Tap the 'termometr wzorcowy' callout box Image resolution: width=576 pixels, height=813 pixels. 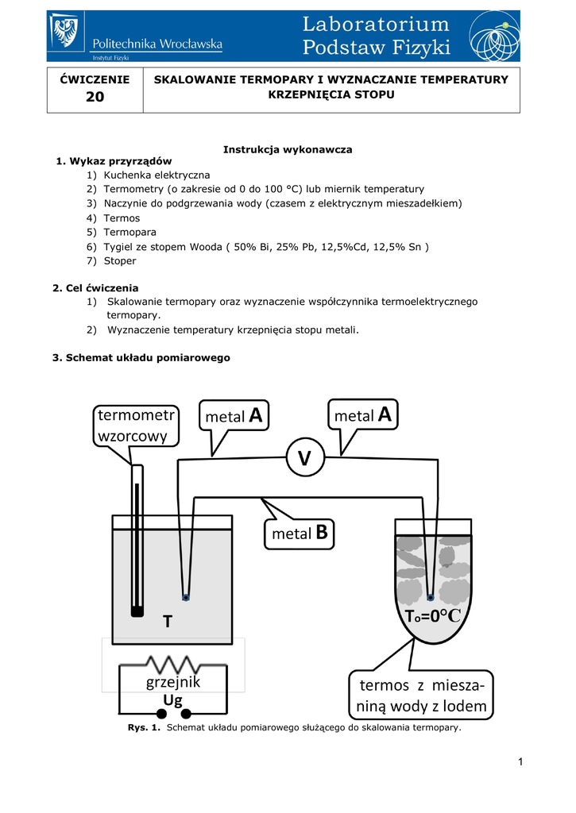[x=136, y=426]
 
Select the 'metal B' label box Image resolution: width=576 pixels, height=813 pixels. [x=300, y=533]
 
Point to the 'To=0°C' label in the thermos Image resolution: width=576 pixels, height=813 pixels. [x=433, y=617]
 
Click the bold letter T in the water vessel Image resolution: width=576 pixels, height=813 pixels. [x=167, y=622]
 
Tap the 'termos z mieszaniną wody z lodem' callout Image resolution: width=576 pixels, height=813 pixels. [x=419, y=695]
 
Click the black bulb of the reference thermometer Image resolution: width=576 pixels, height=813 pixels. [x=137, y=611]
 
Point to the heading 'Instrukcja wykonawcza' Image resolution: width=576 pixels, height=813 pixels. [x=288, y=149]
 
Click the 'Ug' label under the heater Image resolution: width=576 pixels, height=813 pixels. [x=173, y=699]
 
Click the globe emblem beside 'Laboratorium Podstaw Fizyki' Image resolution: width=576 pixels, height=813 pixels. [x=494, y=36]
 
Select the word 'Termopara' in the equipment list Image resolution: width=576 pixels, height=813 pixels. [x=130, y=232]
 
